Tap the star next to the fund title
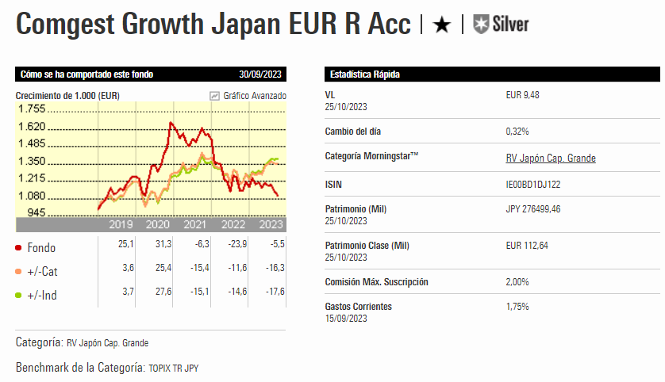point(441,25)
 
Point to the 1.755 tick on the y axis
point(32,109)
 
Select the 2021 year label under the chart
point(194,225)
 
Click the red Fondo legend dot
point(18,248)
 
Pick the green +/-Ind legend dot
point(18,296)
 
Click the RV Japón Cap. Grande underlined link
point(550,159)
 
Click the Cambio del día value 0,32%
point(517,131)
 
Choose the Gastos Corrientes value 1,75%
point(517,307)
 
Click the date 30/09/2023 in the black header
point(262,74)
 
